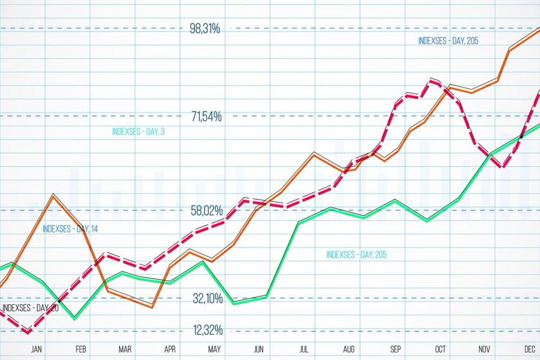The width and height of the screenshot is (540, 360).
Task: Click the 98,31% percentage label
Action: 205,28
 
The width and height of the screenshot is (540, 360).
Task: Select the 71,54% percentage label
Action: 207,116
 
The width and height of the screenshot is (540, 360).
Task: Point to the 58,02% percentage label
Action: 207,211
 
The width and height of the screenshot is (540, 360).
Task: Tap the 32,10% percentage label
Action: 208,299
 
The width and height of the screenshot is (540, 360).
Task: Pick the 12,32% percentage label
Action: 208,330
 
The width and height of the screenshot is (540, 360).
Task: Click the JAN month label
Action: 36,349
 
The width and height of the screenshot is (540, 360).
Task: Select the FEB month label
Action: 81,349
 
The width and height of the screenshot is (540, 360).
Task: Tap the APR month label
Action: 170,349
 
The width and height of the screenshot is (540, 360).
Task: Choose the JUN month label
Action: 259,349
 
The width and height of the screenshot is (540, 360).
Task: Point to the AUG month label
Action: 349,349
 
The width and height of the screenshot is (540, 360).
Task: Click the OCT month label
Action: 441,349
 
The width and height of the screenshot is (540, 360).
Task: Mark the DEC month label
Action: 530,349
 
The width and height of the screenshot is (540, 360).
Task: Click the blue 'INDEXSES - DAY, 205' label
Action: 448,41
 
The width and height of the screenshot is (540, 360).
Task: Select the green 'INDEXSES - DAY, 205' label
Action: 356,255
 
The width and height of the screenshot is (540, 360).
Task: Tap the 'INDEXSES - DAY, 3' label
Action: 138,132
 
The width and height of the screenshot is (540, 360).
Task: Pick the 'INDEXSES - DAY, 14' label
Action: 70,229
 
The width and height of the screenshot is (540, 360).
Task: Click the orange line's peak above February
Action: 53,196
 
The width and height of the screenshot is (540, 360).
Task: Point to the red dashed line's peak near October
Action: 433,81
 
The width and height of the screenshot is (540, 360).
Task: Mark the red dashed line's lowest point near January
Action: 27,332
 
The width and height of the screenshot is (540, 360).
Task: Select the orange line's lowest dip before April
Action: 152,307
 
